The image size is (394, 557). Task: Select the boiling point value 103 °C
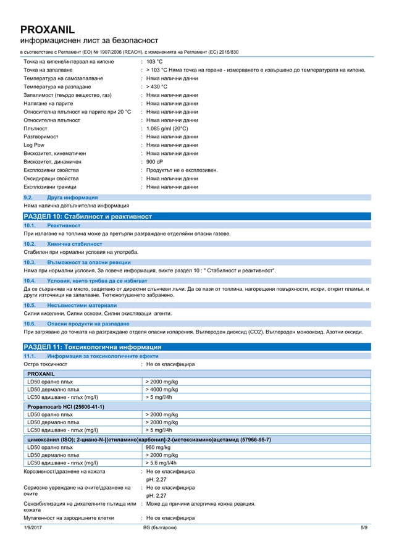[x=154, y=62]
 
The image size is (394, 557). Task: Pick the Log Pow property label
[x=33, y=145]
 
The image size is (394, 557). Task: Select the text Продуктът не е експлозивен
[x=182, y=170]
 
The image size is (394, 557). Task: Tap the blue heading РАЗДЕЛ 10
[x=86, y=217]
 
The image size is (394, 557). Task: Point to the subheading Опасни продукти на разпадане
[x=88, y=324]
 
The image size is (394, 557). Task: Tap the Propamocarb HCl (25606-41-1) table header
[x=65, y=406]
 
